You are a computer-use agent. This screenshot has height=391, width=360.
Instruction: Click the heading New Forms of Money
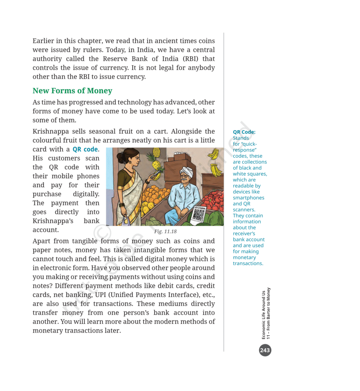pos(72,91)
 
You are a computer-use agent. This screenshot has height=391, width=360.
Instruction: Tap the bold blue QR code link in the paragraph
pos(85,149)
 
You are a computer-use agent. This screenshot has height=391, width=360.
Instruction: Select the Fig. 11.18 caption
pos(165,231)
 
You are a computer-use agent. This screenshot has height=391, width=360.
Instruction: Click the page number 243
pos(265,350)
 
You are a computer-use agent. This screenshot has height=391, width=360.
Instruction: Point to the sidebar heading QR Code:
pos(244,132)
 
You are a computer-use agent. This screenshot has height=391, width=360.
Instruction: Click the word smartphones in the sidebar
pos(248,198)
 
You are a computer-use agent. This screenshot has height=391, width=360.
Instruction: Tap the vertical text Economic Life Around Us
pos(264,315)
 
